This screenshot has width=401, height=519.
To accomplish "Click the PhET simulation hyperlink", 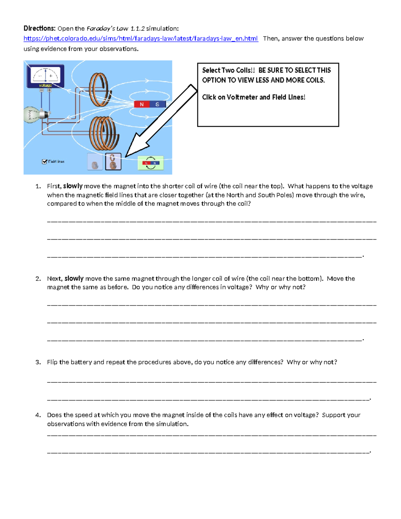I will [x=140, y=38].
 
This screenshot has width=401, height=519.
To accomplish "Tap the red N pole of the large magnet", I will [x=142, y=104].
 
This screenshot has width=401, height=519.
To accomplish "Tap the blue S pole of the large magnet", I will [x=157, y=104].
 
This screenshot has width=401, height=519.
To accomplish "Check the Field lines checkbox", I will [x=44, y=162].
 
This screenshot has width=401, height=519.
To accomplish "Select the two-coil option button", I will [x=113, y=162].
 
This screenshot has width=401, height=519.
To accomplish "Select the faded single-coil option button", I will [x=95, y=162].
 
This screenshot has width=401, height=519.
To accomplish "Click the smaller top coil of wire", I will [x=99, y=90].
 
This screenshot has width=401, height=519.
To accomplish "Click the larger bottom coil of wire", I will [x=104, y=133].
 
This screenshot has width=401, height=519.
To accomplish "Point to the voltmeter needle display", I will [x=46, y=75].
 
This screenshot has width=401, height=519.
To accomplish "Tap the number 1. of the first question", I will [x=38, y=186].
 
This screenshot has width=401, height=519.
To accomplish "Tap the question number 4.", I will [x=38, y=415].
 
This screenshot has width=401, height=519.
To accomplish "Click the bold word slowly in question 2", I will [x=74, y=278].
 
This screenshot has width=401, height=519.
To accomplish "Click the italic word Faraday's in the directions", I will [x=99, y=28].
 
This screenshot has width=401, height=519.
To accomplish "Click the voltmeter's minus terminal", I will [x=42, y=90].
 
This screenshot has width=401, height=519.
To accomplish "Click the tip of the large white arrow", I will [x=126, y=156].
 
